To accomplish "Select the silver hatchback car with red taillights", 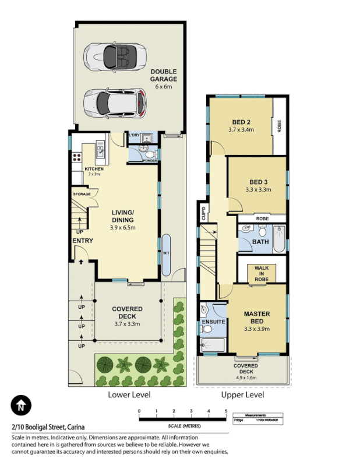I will click(113, 103).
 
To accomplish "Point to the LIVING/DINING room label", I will click(123, 216).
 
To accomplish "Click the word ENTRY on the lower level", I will click(83, 241).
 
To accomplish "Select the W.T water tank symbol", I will click(167, 253).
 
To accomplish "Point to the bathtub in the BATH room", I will click(280, 239).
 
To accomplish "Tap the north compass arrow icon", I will click(21, 404).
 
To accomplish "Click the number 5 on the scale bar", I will click(226, 411).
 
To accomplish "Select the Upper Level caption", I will click(242, 395).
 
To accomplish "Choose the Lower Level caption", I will click(129, 395).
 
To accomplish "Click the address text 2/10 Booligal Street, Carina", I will click(48, 427).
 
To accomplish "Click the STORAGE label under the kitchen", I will click(81, 194).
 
